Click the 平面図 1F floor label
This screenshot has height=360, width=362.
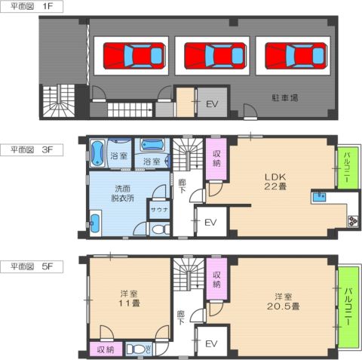point(32,6)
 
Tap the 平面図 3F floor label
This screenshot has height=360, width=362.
point(32,150)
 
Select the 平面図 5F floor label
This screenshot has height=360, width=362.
point(32,266)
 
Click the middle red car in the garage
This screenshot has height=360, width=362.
point(215,56)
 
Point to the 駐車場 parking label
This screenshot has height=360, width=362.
point(285,97)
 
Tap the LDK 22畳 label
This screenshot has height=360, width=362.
point(275,182)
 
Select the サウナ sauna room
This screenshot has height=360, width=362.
point(159,209)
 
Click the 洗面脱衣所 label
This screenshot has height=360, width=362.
point(123,193)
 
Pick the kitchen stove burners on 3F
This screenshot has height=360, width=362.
point(352,220)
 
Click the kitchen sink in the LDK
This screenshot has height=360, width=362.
point(319,197)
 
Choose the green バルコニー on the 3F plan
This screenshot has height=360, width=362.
point(348,168)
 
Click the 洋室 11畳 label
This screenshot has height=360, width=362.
point(129,298)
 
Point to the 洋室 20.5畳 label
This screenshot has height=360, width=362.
point(283,302)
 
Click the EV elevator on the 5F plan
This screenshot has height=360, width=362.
point(211,343)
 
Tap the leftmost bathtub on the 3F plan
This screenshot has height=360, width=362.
point(97,153)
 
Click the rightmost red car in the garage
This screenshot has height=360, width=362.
point(296,56)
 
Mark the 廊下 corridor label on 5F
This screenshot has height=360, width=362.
point(181,318)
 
